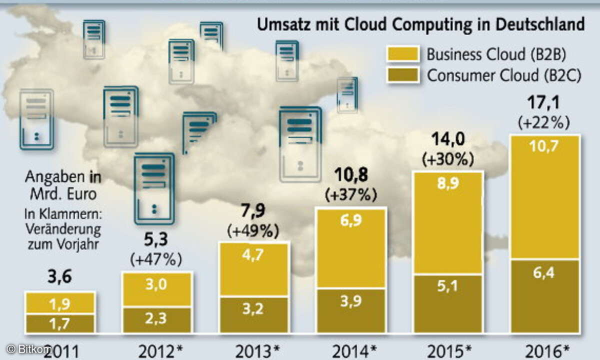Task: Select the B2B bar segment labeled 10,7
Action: [x=544, y=197]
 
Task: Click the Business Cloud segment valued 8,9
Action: [x=447, y=223]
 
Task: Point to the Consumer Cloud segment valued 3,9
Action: [x=350, y=310]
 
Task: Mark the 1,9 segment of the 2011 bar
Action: [x=60, y=303]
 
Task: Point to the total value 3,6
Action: [x=60, y=276]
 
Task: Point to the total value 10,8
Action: [x=350, y=175]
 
